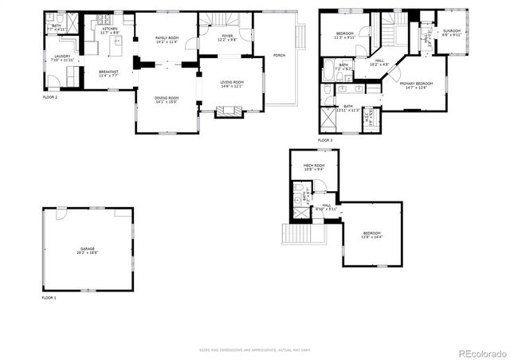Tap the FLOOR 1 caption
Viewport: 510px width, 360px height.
(49, 298)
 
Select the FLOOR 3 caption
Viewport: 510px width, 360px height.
(325, 140)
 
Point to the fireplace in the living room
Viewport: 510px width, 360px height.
(229, 113)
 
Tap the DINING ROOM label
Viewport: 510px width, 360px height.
(167, 100)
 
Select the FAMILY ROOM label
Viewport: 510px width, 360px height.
(167, 40)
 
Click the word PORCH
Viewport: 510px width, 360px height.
(279, 55)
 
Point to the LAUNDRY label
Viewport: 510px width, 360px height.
(62, 57)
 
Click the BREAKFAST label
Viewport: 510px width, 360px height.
(109, 72)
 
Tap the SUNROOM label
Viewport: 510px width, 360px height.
(452, 33)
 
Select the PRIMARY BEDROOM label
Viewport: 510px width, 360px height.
(417, 84)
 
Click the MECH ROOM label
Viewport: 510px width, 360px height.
(313, 166)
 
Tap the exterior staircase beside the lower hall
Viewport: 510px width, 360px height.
(292, 235)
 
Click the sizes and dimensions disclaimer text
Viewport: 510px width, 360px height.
(254, 350)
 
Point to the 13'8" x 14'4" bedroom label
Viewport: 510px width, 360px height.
(372, 235)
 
